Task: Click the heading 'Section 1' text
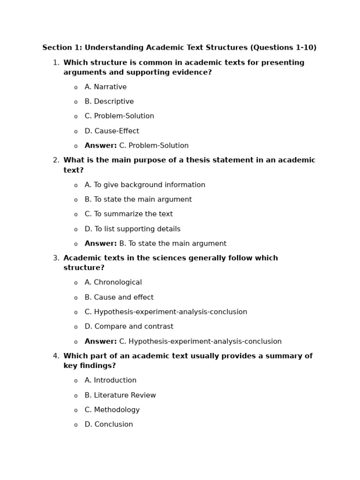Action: (179, 48)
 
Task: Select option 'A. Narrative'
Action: (105, 87)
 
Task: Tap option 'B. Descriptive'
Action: (109, 102)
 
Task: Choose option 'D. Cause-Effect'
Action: (112, 131)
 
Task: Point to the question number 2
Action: (56, 160)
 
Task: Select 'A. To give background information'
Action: (145, 185)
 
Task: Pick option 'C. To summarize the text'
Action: (128, 214)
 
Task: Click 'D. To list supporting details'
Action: (132, 229)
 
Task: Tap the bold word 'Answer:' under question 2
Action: (100, 244)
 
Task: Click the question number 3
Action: (56, 258)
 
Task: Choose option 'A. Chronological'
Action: (113, 283)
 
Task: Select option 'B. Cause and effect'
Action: (119, 298)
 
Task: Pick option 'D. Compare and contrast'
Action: (129, 327)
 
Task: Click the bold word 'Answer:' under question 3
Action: (100, 342)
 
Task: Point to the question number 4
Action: (56, 356)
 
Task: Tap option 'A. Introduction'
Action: (110, 381)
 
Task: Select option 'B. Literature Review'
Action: (120, 396)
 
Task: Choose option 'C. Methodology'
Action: (112, 410)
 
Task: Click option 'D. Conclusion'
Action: (109, 425)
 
